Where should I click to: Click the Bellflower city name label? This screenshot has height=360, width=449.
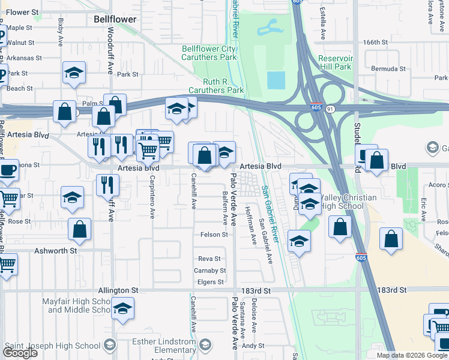[x=115, y=19]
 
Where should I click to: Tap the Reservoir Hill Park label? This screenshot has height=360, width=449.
[x=335, y=63]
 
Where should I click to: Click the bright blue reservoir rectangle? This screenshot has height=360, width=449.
[x=276, y=80]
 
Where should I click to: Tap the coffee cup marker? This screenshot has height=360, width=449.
[x=8, y=170]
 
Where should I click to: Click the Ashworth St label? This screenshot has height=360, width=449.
[x=56, y=250]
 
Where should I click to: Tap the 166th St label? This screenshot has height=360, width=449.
[x=376, y=43]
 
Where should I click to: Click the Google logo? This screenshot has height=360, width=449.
[x=20, y=353]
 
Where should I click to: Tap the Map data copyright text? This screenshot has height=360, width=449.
[x=412, y=355]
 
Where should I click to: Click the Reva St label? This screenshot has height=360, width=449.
[x=211, y=259]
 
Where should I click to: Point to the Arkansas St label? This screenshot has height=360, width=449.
[x=24, y=58]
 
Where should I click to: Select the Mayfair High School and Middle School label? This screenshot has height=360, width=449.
[x=76, y=305]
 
